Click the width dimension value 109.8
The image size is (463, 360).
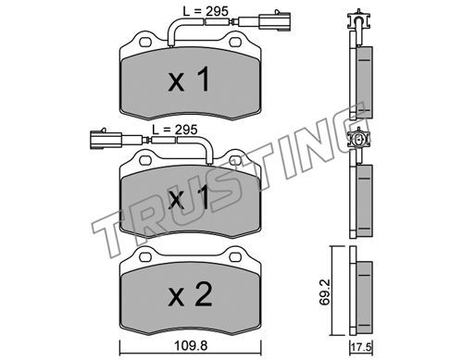pyautogui.click(x=191, y=346)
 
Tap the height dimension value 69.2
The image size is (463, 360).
pyautogui.click(x=324, y=292)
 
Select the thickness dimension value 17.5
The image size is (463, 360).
pyautogui.click(x=362, y=347)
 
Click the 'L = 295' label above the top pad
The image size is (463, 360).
pyautogui.click(x=206, y=11)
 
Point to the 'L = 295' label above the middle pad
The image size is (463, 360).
pyautogui.click(x=175, y=130)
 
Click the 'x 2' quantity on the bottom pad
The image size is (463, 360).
pyautogui.click(x=191, y=294)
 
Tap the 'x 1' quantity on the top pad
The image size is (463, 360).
pyautogui.click(x=189, y=80)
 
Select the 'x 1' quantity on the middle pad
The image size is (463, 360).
pyautogui.click(x=189, y=197)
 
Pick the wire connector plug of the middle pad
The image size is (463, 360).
pyautogui.click(x=106, y=140)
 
